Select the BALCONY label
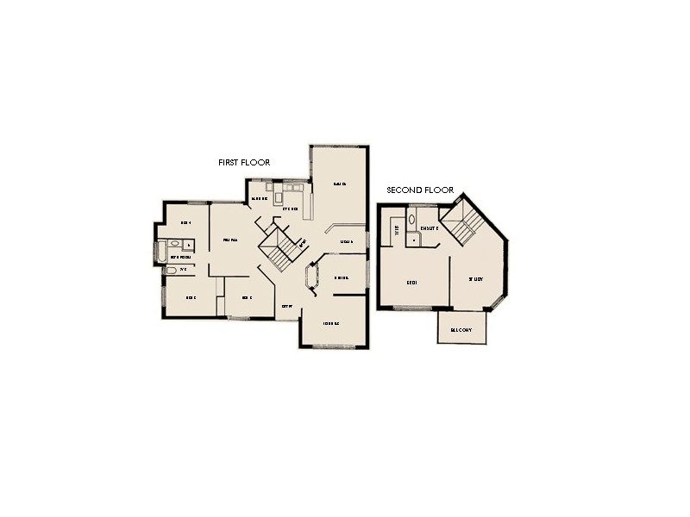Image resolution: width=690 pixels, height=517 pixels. [x=463, y=328]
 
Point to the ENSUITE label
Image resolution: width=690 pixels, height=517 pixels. [x=430, y=228]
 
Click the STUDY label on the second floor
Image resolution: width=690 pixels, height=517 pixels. [x=475, y=279]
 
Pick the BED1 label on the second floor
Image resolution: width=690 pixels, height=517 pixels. [x=411, y=281]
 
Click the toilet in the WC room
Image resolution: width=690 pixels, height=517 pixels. [x=170, y=271]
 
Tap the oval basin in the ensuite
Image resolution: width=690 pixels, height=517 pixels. [x=411, y=220]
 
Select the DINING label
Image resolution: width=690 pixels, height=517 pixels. [x=340, y=278]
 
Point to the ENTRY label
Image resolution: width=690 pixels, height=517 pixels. [x=288, y=306]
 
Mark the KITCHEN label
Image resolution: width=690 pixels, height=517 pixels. [x=290, y=209]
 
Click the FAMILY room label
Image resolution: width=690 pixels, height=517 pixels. [x=229, y=240]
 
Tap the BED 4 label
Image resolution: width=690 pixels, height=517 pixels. [x=185, y=222]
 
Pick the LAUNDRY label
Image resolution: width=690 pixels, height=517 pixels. [x=259, y=199]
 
